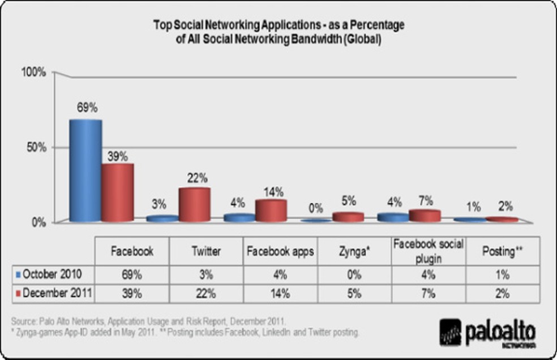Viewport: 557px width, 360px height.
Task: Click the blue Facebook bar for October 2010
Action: pyautogui.click(x=85, y=170)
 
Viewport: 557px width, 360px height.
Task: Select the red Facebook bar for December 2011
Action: pyautogui.click(x=117, y=192)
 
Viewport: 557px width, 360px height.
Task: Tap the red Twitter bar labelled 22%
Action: pyautogui.click(x=194, y=204)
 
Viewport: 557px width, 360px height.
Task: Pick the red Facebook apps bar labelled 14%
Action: pyautogui.click(x=271, y=210)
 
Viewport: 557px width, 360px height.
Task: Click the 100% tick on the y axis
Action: pyautogui.click(x=33, y=72)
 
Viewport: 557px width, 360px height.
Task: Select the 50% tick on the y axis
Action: pyautogui.click(x=36, y=147)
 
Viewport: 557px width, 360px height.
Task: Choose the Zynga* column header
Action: pyautogui.click(x=353, y=252)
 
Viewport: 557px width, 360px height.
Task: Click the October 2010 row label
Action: pyautogui.click(x=52, y=275)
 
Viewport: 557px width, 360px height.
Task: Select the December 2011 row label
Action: pyautogui.click(x=54, y=293)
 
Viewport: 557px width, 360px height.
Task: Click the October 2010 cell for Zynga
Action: pyautogui.click(x=353, y=275)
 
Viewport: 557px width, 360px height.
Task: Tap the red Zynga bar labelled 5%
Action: pyautogui.click(x=348, y=217)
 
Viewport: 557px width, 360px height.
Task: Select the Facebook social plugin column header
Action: pyautogui.click(x=428, y=251)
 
